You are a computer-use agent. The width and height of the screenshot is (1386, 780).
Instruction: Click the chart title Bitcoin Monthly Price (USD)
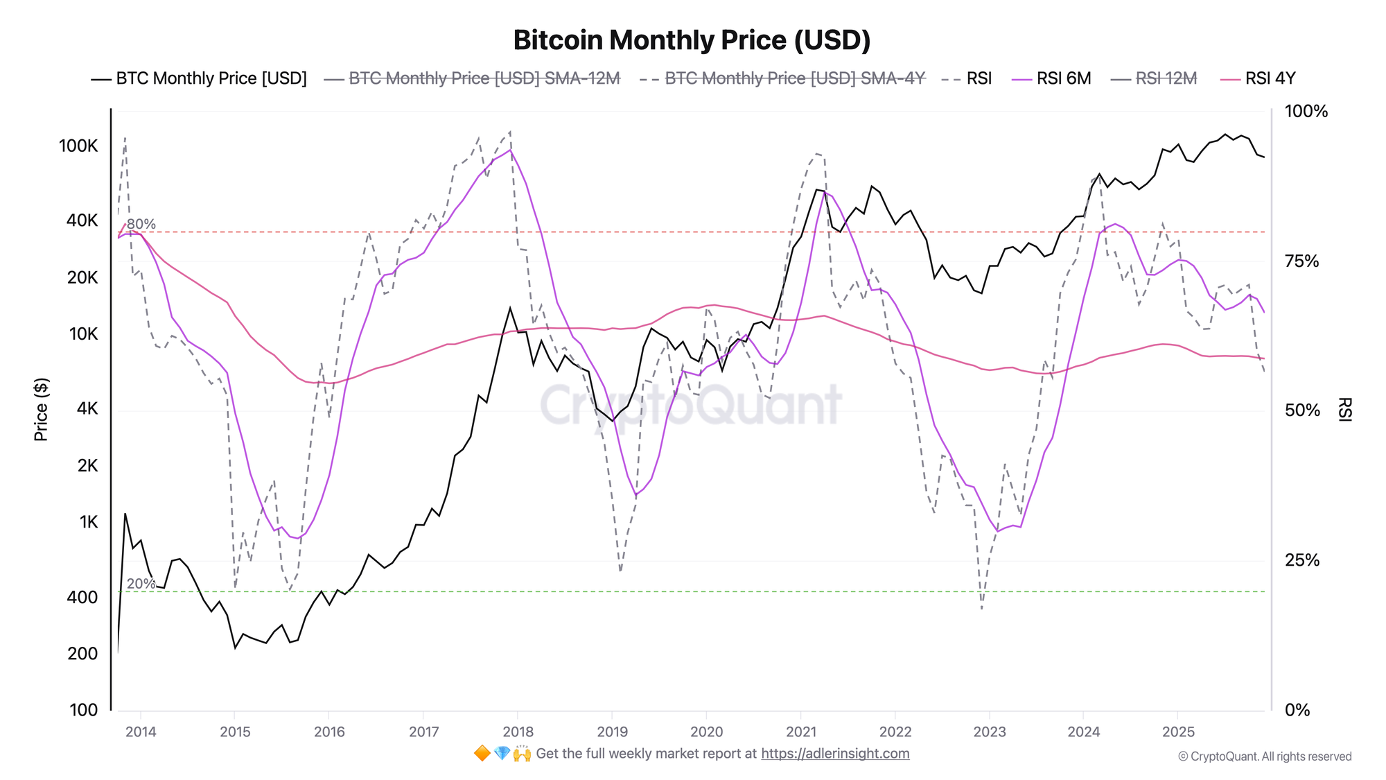point(692,40)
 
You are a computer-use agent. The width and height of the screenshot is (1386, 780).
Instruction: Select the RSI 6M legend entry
point(1063,78)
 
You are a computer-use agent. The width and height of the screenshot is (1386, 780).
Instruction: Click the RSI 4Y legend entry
point(1270,78)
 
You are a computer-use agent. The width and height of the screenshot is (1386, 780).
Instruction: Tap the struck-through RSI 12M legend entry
point(1166,78)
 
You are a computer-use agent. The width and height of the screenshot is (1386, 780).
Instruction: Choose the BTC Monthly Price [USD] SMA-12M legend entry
point(484,78)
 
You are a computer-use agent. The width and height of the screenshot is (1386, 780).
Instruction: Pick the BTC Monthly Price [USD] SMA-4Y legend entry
point(794,78)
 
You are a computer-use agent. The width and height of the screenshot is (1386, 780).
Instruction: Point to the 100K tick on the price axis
point(78,146)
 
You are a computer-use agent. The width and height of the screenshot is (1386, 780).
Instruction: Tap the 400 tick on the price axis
point(83,597)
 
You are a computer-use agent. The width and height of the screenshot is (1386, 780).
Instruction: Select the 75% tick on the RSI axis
point(1301,261)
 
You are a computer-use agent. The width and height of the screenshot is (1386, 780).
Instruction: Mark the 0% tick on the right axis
point(1297,710)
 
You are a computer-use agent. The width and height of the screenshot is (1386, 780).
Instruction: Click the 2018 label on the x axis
point(518,731)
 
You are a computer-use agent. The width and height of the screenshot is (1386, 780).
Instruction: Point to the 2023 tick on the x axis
point(989,731)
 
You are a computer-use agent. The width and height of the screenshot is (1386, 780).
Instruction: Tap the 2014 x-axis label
point(141,731)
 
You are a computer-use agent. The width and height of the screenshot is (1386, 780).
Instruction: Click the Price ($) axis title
point(41,410)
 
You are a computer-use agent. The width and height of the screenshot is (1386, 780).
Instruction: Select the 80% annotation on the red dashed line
point(141,224)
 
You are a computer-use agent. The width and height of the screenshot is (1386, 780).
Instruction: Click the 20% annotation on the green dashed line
point(141,584)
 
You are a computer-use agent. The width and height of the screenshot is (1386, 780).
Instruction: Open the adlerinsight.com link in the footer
point(835,754)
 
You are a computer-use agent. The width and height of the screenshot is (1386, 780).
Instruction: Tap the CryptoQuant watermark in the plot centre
point(690,405)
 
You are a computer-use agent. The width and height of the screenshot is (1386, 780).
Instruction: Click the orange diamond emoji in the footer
point(482,754)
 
